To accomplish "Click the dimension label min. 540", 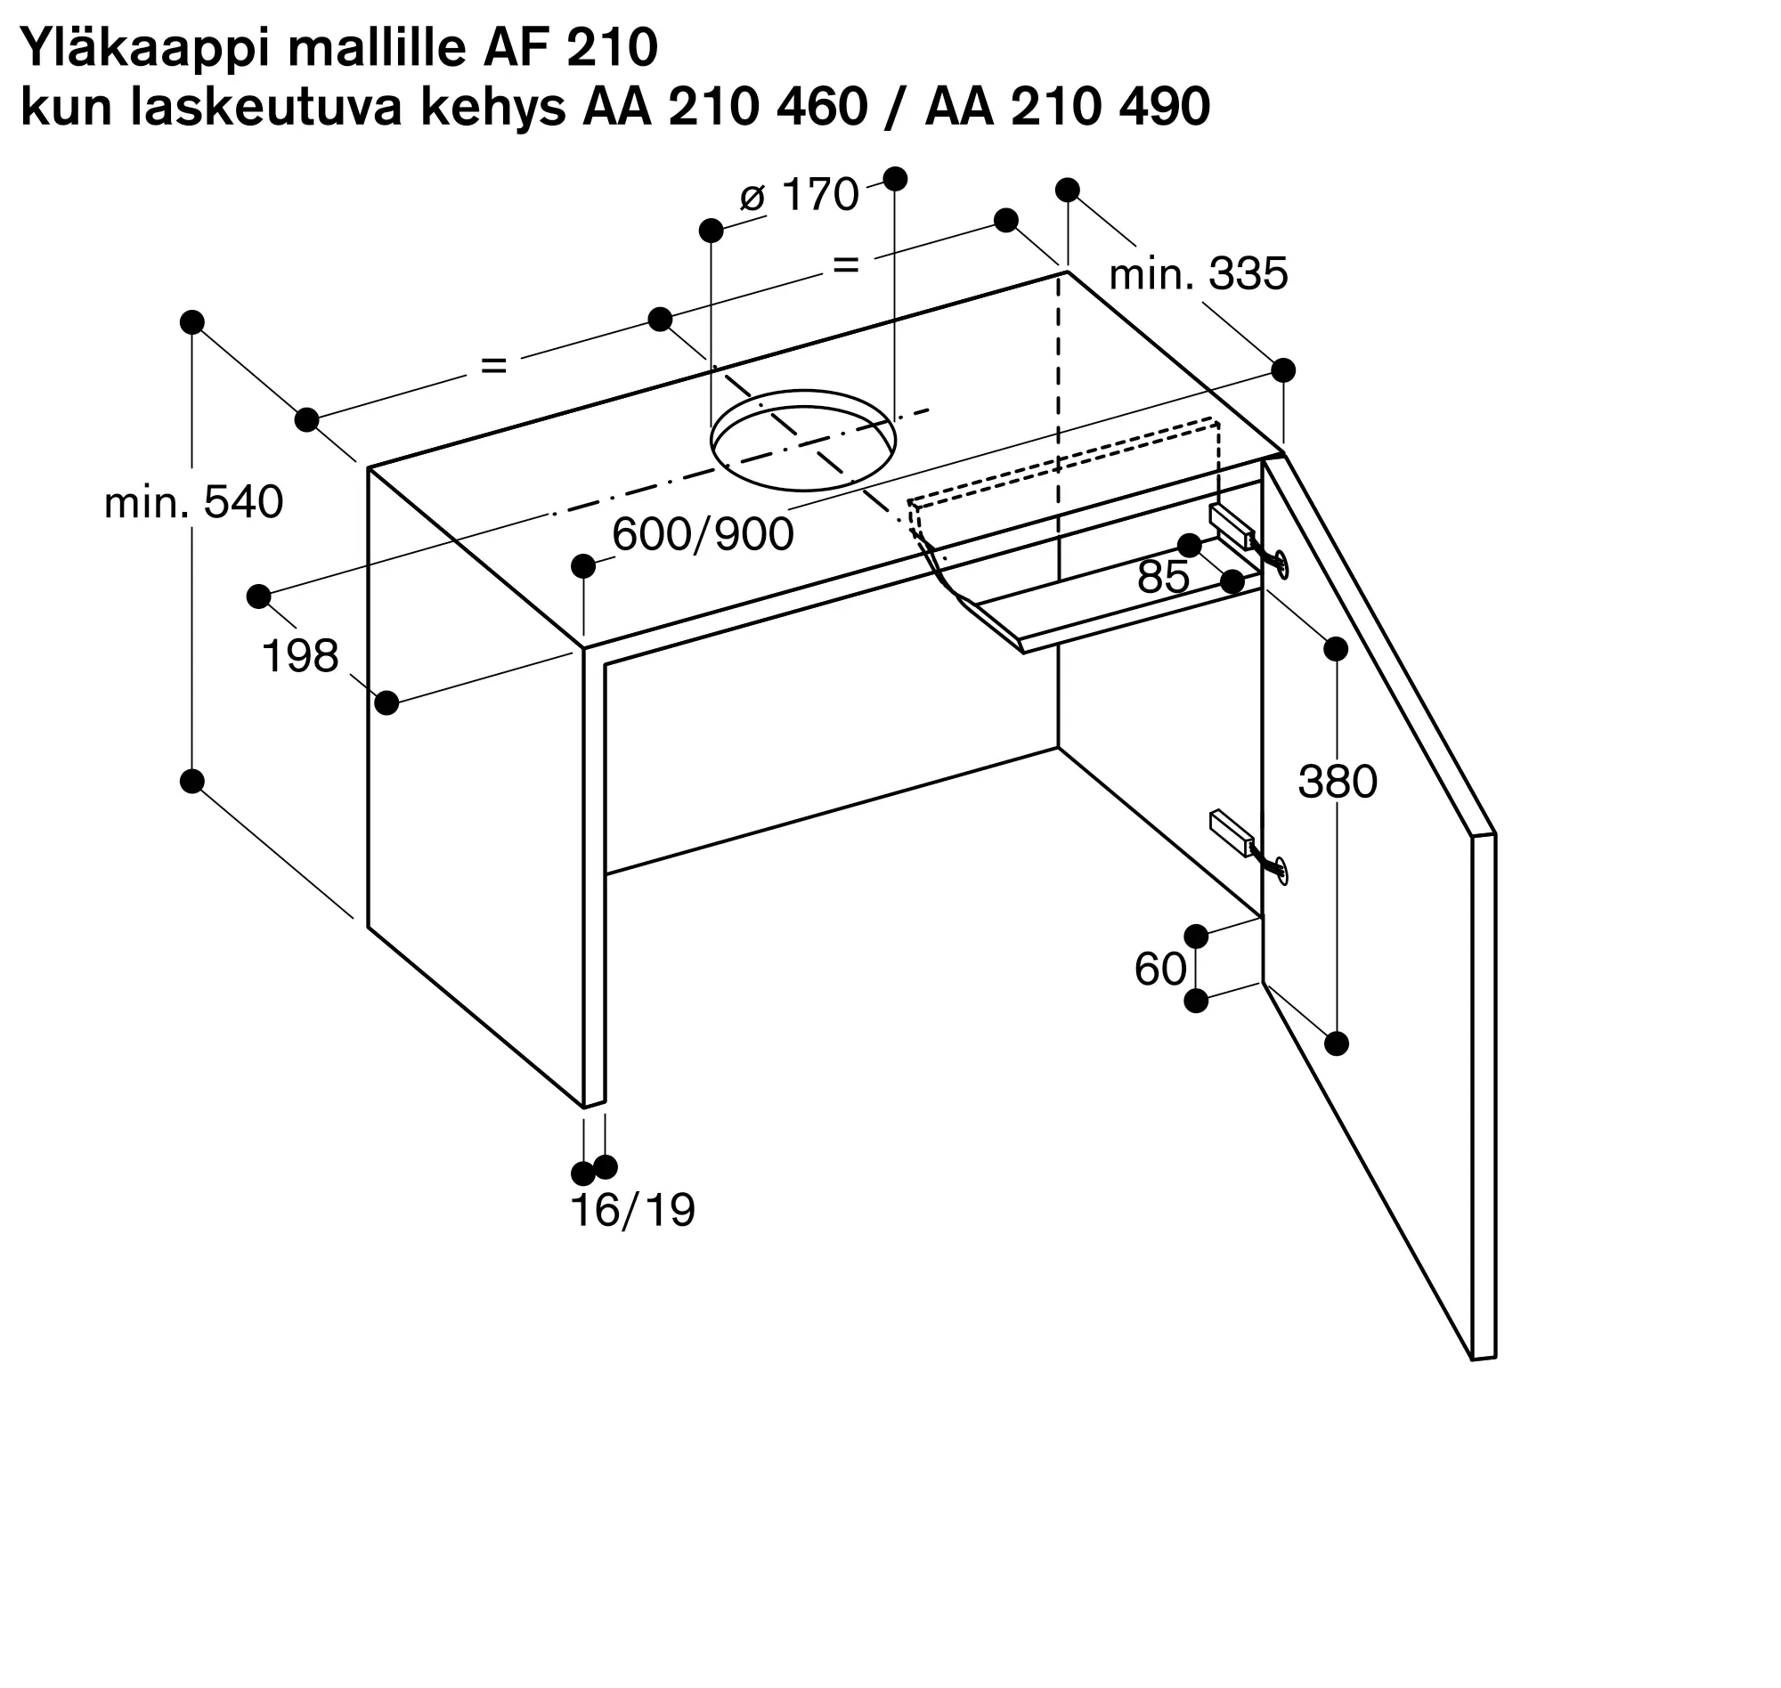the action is click(193, 502).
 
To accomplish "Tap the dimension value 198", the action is click(300, 656).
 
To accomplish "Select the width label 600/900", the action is click(703, 534).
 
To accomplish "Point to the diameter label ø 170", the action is click(799, 194).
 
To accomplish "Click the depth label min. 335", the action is click(1199, 273).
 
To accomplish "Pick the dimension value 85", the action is click(1164, 577).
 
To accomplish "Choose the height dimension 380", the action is click(1338, 782).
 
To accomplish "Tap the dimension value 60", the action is click(1160, 969).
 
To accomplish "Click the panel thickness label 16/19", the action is click(632, 1211).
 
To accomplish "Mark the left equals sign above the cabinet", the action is click(493, 365).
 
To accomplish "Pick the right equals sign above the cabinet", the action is click(846, 264).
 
